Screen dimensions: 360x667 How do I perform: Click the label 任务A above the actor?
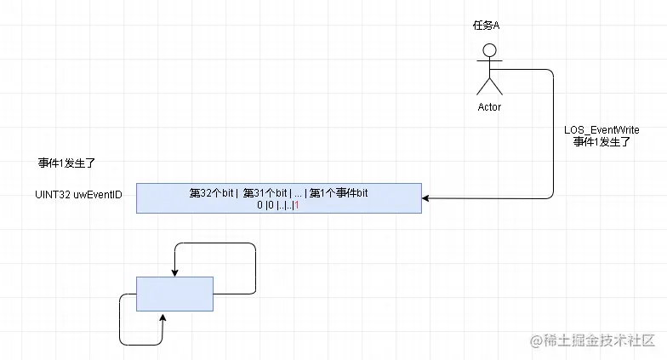tap(486, 26)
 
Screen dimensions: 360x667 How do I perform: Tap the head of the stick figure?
tap(489, 49)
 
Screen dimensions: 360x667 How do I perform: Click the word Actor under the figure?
tap(489, 107)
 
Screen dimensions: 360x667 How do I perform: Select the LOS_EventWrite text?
tap(601, 129)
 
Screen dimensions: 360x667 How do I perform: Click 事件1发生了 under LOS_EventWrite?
tap(601, 142)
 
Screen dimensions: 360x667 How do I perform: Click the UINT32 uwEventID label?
tap(73, 195)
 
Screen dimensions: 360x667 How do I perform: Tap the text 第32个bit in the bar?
tap(212, 193)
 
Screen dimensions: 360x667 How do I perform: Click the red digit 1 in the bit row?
tap(296, 206)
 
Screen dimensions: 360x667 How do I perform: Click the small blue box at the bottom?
tap(174, 294)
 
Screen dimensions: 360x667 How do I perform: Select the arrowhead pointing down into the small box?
tap(174, 272)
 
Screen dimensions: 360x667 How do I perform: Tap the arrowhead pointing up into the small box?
tap(163, 315)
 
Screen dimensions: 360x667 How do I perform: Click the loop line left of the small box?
tap(120, 319)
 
